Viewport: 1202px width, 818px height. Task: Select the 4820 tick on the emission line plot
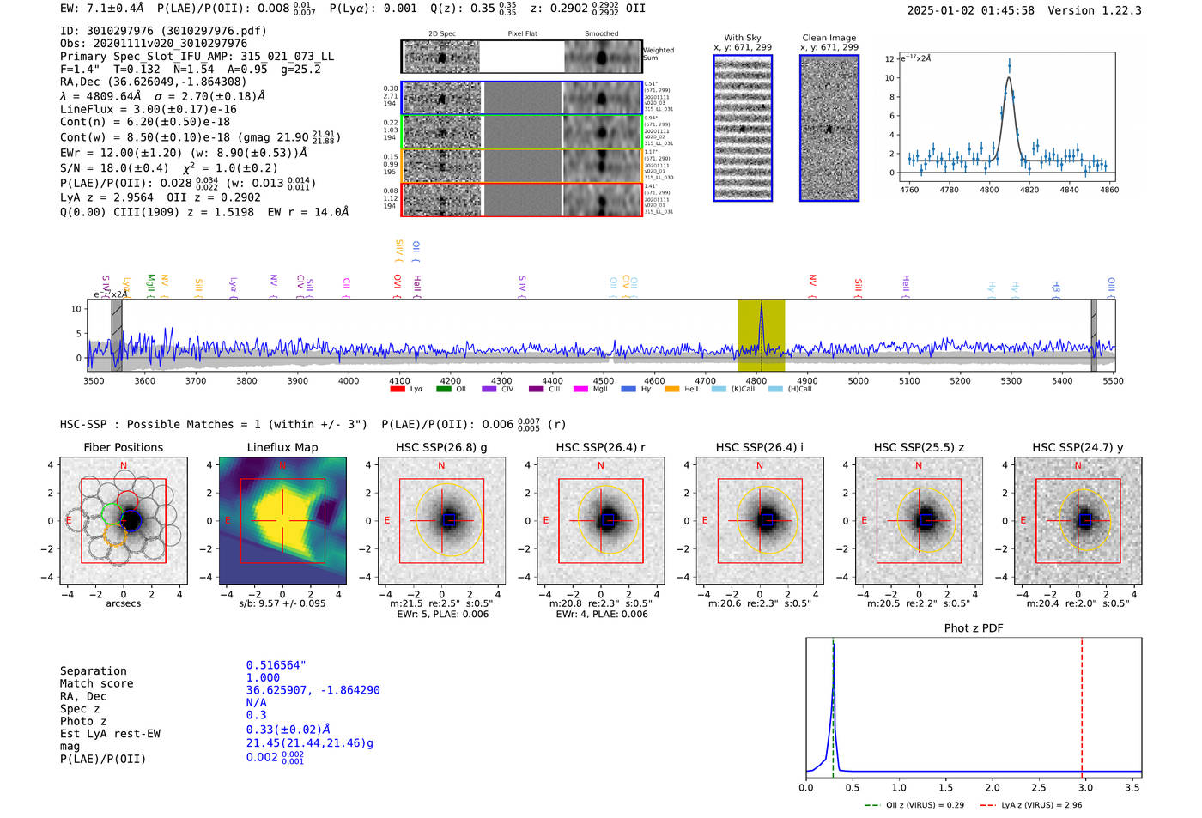pos(1029,190)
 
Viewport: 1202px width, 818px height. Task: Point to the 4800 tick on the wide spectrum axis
pos(756,380)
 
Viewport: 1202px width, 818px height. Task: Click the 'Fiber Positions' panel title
pos(123,447)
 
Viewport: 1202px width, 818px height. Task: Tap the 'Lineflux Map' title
pos(282,447)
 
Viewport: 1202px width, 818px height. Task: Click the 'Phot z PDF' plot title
pos(974,628)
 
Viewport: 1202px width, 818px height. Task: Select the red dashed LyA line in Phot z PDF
pos(1082,704)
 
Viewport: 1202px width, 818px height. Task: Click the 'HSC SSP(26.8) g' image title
pos(441,447)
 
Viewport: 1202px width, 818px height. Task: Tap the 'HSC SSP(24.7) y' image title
pos(1078,447)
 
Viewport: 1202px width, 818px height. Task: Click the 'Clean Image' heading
pos(829,38)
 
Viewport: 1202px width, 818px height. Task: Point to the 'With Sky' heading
pos(743,38)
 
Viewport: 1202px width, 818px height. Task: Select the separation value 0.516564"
pos(276,665)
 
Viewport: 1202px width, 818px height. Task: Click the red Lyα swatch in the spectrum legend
pos(398,389)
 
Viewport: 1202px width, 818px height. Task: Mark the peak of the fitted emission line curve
pos(1009,78)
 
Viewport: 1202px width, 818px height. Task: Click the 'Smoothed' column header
pos(601,34)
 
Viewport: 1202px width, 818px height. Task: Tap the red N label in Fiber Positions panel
pos(124,466)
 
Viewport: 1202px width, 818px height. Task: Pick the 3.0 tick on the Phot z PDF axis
pos(1085,787)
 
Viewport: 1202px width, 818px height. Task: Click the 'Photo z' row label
pos(83,721)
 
